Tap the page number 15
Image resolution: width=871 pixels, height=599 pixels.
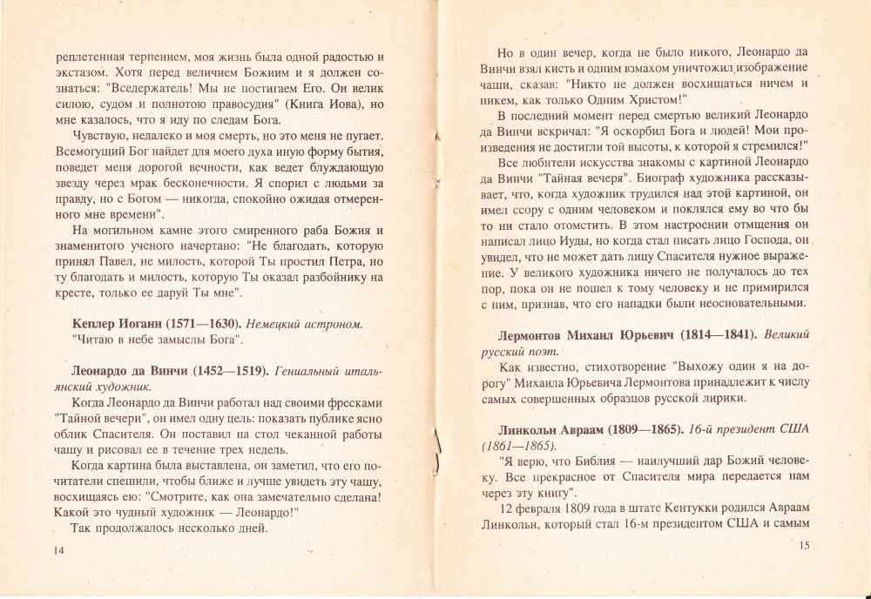click(x=803, y=545)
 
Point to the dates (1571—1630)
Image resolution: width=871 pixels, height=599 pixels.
click(x=203, y=324)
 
